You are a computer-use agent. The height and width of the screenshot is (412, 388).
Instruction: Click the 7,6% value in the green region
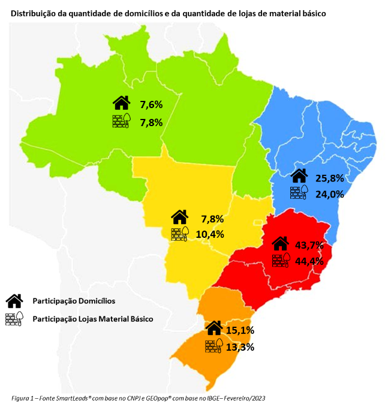pos(151,105)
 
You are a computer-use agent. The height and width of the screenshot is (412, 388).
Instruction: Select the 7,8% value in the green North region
pos(151,122)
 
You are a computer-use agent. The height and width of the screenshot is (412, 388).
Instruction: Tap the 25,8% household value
pos(330,178)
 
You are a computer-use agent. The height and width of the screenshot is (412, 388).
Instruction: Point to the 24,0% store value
pos(330,194)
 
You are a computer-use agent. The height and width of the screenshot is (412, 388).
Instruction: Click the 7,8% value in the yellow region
pos(212,219)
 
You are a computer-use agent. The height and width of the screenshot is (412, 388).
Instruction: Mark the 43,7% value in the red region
pos(309,245)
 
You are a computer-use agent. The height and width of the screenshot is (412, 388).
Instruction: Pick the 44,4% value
pos(309,261)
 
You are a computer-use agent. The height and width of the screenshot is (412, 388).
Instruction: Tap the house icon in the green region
pos(121,103)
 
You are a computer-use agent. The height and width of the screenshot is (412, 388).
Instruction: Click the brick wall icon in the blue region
pos(299,193)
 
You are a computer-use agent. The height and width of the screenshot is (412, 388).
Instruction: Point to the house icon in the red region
pos(280,243)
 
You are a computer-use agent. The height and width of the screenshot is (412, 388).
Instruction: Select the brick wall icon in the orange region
pos(214,346)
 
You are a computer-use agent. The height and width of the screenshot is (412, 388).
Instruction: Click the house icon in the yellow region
pos(180,217)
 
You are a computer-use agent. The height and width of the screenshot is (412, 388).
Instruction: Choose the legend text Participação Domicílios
pos(74,300)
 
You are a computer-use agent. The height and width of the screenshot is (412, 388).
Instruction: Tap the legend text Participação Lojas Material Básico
pos(93,319)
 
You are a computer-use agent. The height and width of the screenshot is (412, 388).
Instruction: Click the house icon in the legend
pos(14,300)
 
